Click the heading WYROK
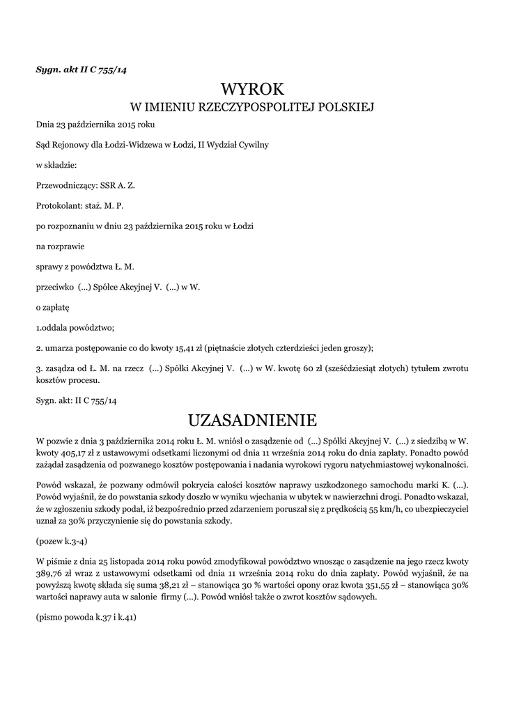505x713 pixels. click(x=253, y=89)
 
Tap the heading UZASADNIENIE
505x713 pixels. click(x=252, y=421)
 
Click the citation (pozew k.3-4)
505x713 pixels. click(x=61, y=540)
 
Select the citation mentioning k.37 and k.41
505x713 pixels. click(x=86, y=616)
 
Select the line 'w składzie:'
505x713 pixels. click(x=56, y=166)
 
